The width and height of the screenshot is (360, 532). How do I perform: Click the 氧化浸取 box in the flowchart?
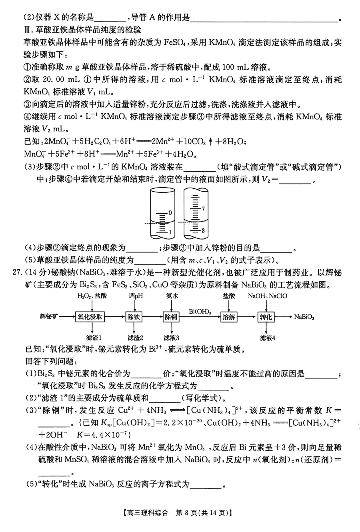coord(90,316)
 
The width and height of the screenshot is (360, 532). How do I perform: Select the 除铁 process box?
coord(134,316)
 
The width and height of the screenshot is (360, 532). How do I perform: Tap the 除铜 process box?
coord(171,316)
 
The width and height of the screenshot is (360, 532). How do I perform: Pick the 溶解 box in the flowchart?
coord(229,316)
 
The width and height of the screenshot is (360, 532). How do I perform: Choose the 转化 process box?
coord(266,316)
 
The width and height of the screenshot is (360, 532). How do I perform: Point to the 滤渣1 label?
coord(94,338)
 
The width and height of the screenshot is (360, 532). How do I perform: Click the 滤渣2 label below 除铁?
coord(135,338)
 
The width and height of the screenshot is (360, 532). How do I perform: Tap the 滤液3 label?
coord(171,338)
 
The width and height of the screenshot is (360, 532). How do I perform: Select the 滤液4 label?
coord(268,338)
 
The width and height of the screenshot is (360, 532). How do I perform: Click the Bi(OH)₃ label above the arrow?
coord(200,311)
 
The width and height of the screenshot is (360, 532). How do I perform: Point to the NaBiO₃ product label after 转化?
coord(304,317)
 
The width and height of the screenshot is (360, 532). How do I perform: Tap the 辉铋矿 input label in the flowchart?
coord(49,316)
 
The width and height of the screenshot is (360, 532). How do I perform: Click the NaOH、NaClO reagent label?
coord(267,296)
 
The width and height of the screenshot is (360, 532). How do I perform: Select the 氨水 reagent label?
coord(172,296)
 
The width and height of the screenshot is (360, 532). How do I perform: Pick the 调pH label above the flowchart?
coord(136,296)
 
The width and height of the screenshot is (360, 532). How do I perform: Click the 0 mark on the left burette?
coord(170,213)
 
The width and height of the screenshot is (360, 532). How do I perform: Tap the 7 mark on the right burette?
coord(203,209)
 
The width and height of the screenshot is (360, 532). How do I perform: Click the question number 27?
coord(17,272)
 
